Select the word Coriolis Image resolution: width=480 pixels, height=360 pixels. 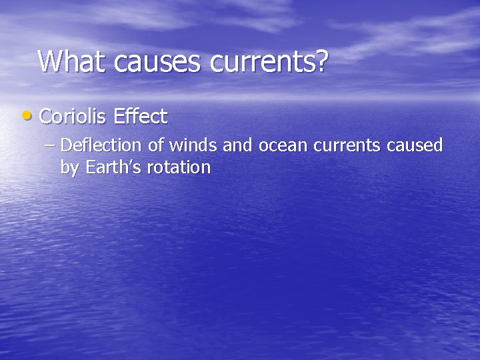point(73,117)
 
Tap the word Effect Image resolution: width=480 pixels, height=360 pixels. point(140,117)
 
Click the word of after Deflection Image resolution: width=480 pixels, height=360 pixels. point(158,145)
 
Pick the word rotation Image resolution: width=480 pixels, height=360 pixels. point(177,167)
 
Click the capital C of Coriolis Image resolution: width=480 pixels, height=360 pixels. point(46,117)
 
